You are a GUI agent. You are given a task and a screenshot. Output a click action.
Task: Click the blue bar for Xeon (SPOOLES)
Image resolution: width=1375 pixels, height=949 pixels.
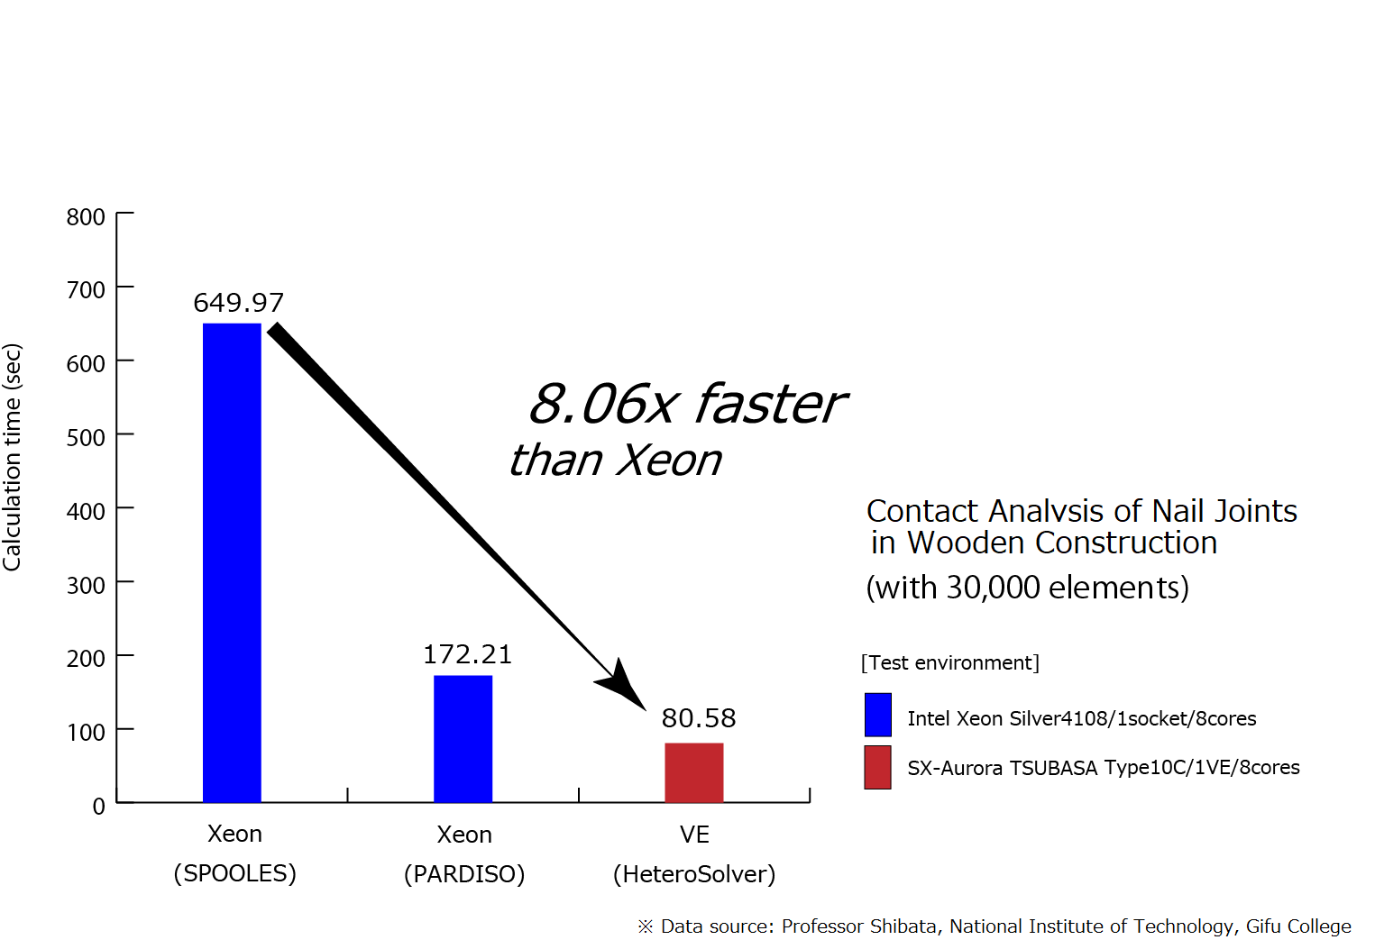coord(232,562)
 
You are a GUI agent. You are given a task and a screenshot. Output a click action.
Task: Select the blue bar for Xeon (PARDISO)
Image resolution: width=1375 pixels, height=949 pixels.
coord(463,739)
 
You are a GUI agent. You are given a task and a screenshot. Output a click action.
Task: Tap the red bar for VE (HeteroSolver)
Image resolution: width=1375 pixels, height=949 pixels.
coord(694,772)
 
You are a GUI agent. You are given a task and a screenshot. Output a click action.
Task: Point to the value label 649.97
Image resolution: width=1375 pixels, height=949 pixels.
coord(239,303)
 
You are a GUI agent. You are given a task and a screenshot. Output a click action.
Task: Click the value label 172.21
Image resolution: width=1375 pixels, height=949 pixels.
coord(468,654)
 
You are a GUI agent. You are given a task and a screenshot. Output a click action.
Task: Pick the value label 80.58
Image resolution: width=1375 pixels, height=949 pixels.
coord(699,718)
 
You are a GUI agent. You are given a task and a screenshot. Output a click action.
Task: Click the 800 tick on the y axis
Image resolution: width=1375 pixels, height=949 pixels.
coord(86,216)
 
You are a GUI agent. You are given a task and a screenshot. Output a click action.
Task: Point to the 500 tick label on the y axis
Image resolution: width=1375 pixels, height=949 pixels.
coord(86,437)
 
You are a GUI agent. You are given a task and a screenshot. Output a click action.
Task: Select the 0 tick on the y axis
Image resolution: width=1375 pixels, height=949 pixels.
coord(99,806)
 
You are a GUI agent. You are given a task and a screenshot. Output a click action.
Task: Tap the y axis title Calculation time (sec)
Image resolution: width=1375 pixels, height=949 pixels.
coord(12,458)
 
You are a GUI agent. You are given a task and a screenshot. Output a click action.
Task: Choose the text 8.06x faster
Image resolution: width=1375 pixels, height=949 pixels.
coord(687,405)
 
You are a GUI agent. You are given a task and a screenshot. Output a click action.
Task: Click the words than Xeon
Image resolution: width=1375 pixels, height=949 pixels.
coord(615,461)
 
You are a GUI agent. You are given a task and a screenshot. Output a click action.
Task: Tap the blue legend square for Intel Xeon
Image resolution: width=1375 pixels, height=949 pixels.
coord(878,715)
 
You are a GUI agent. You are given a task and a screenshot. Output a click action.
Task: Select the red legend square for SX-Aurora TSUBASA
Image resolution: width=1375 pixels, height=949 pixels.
coord(878,768)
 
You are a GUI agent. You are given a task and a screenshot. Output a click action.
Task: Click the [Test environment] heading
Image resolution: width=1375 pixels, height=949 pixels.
coord(950,663)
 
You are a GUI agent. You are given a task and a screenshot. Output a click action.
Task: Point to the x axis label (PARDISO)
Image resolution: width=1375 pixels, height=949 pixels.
coord(464,874)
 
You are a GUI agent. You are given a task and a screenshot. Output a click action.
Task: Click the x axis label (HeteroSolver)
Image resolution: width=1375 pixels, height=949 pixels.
coord(694,874)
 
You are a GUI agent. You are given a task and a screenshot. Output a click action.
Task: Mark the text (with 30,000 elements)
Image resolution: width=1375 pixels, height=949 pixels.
coord(1028,588)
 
